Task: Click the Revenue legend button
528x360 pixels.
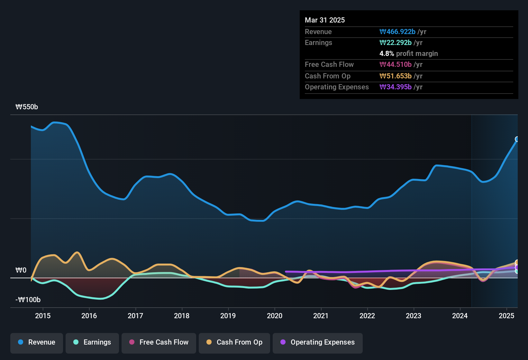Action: (37, 342)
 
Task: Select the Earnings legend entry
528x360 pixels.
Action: (92, 342)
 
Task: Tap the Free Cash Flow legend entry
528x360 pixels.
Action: (159, 342)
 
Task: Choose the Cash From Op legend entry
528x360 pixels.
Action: (234, 342)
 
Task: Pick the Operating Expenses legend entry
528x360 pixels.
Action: (318, 342)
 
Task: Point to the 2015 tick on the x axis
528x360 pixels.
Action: (43, 316)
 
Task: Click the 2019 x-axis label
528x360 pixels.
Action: (228, 316)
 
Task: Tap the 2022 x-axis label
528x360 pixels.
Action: (367, 316)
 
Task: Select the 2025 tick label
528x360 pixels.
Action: (506, 316)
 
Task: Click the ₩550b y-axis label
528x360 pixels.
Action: (27, 107)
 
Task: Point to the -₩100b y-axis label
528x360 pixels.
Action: (28, 300)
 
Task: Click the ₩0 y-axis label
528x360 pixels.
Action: (21, 270)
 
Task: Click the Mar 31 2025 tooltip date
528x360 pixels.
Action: (325, 20)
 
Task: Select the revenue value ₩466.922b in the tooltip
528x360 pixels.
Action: (397, 32)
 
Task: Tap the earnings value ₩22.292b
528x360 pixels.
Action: (396, 43)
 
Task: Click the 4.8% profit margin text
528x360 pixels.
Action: (408, 54)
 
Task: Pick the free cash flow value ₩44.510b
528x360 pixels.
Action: (396, 65)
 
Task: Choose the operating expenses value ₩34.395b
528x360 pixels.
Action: (396, 87)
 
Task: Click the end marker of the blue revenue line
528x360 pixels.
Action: (517, 139)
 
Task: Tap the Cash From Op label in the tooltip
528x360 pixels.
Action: (327, 76)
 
